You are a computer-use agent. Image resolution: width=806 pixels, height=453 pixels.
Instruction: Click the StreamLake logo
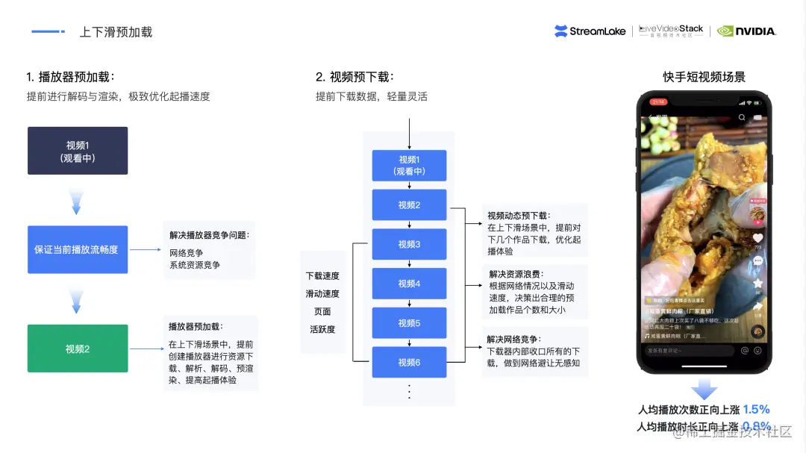(590, 31)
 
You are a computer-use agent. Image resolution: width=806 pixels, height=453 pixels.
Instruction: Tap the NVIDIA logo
(746, 31)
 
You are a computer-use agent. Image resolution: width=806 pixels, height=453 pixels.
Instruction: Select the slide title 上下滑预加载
(116, 32)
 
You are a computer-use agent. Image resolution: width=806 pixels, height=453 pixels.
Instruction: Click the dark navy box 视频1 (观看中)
(78, 151)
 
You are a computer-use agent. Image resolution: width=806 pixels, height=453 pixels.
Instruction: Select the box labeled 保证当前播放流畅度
(78, 249)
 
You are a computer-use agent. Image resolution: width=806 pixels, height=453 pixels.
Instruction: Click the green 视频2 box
(78, 349)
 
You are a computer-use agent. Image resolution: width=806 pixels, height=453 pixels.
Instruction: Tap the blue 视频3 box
(409, 244)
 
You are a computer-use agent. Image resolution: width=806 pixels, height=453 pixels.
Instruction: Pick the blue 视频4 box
(409, 284)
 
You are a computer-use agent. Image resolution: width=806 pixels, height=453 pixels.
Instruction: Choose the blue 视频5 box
(409, 323)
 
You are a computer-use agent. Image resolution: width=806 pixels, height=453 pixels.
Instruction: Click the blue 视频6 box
(409, 362)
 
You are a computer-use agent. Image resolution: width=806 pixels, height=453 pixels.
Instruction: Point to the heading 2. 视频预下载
(354, 77)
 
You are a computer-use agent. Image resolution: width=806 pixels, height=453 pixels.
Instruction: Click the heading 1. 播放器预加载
(71, 77)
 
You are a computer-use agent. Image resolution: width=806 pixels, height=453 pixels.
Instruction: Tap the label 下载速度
(322, 276)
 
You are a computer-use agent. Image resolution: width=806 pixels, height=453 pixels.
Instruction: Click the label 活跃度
(322, 329)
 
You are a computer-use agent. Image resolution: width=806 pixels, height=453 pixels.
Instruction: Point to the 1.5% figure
(756, 409)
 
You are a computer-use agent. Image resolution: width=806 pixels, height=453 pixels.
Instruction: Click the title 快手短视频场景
(704, 77)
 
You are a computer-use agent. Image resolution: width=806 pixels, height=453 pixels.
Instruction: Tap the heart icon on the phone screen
(757, 238)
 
